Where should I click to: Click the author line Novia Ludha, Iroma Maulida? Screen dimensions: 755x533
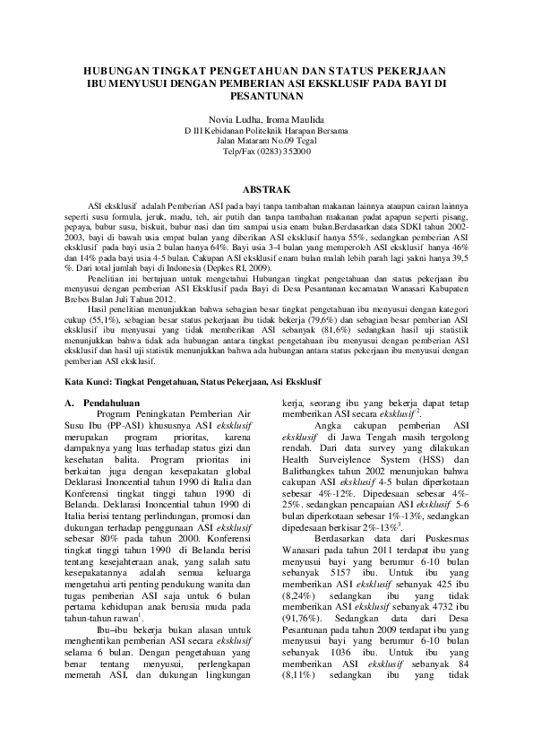(266, 119)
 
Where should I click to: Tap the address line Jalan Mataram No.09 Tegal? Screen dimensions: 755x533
(266, 141)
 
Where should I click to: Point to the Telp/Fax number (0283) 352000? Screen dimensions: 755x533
(284, 152)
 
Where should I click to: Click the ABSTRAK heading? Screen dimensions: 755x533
(266, 190)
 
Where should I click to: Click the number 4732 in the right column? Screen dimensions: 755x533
(437, 603)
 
